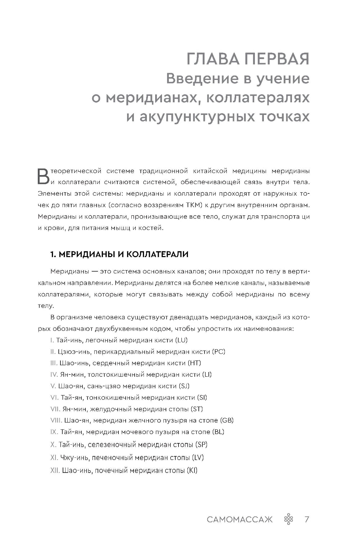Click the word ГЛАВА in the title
click(x=212, y=59)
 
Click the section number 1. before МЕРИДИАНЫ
click(x=53, y=254)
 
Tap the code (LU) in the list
click(x=181, y=340)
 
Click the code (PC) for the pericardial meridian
click(x=218, y=351)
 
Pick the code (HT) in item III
click(x=194, y=363)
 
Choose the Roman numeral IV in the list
click(x=54, y=374)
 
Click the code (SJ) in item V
click(x=184, y=386)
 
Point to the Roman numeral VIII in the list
click(x=56, y=420)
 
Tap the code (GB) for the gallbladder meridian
click(x=227, y=420)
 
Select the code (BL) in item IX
click(x=218, y=432)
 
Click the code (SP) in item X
click(x=201, y=444)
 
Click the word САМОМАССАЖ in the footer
click(x=240, y=519)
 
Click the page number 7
click(x=307, y=519)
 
